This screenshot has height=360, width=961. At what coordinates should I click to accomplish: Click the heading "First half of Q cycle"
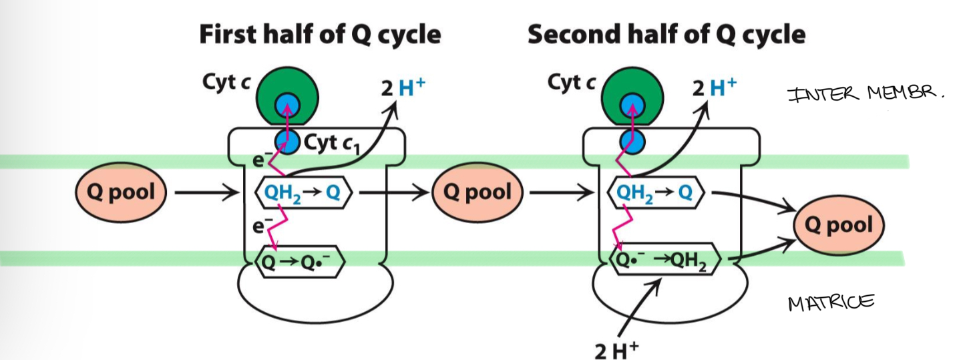pyautogui.click(x=320, y=34)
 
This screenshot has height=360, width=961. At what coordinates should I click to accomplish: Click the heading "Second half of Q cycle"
pyautogui.click(x=666, y=34)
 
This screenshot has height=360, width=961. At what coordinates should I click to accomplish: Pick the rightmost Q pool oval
pyautogui.click(x=838, y=225)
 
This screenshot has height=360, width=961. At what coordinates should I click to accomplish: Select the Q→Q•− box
pyautogui.click(x=300, y=261)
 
